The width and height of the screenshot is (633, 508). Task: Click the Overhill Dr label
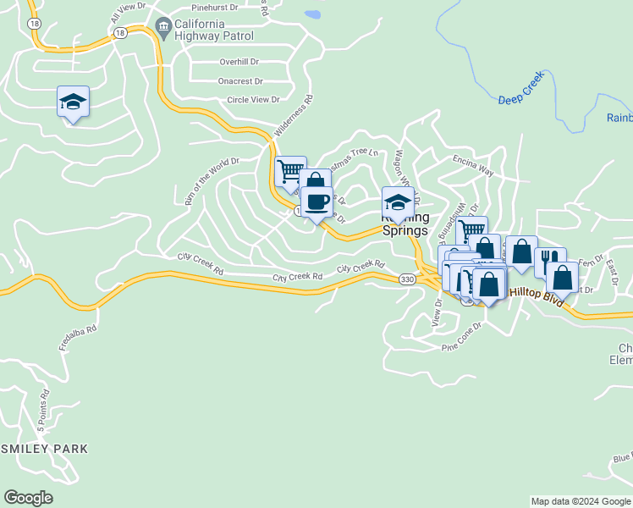239,62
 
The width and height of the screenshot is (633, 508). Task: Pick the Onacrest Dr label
239,81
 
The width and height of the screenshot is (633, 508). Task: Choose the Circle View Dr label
253,100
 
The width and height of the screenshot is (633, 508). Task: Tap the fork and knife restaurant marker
550,259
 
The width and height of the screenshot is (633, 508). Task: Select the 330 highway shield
407,279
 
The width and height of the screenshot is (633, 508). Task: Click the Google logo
28,498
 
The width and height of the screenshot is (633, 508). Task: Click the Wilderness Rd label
294,117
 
